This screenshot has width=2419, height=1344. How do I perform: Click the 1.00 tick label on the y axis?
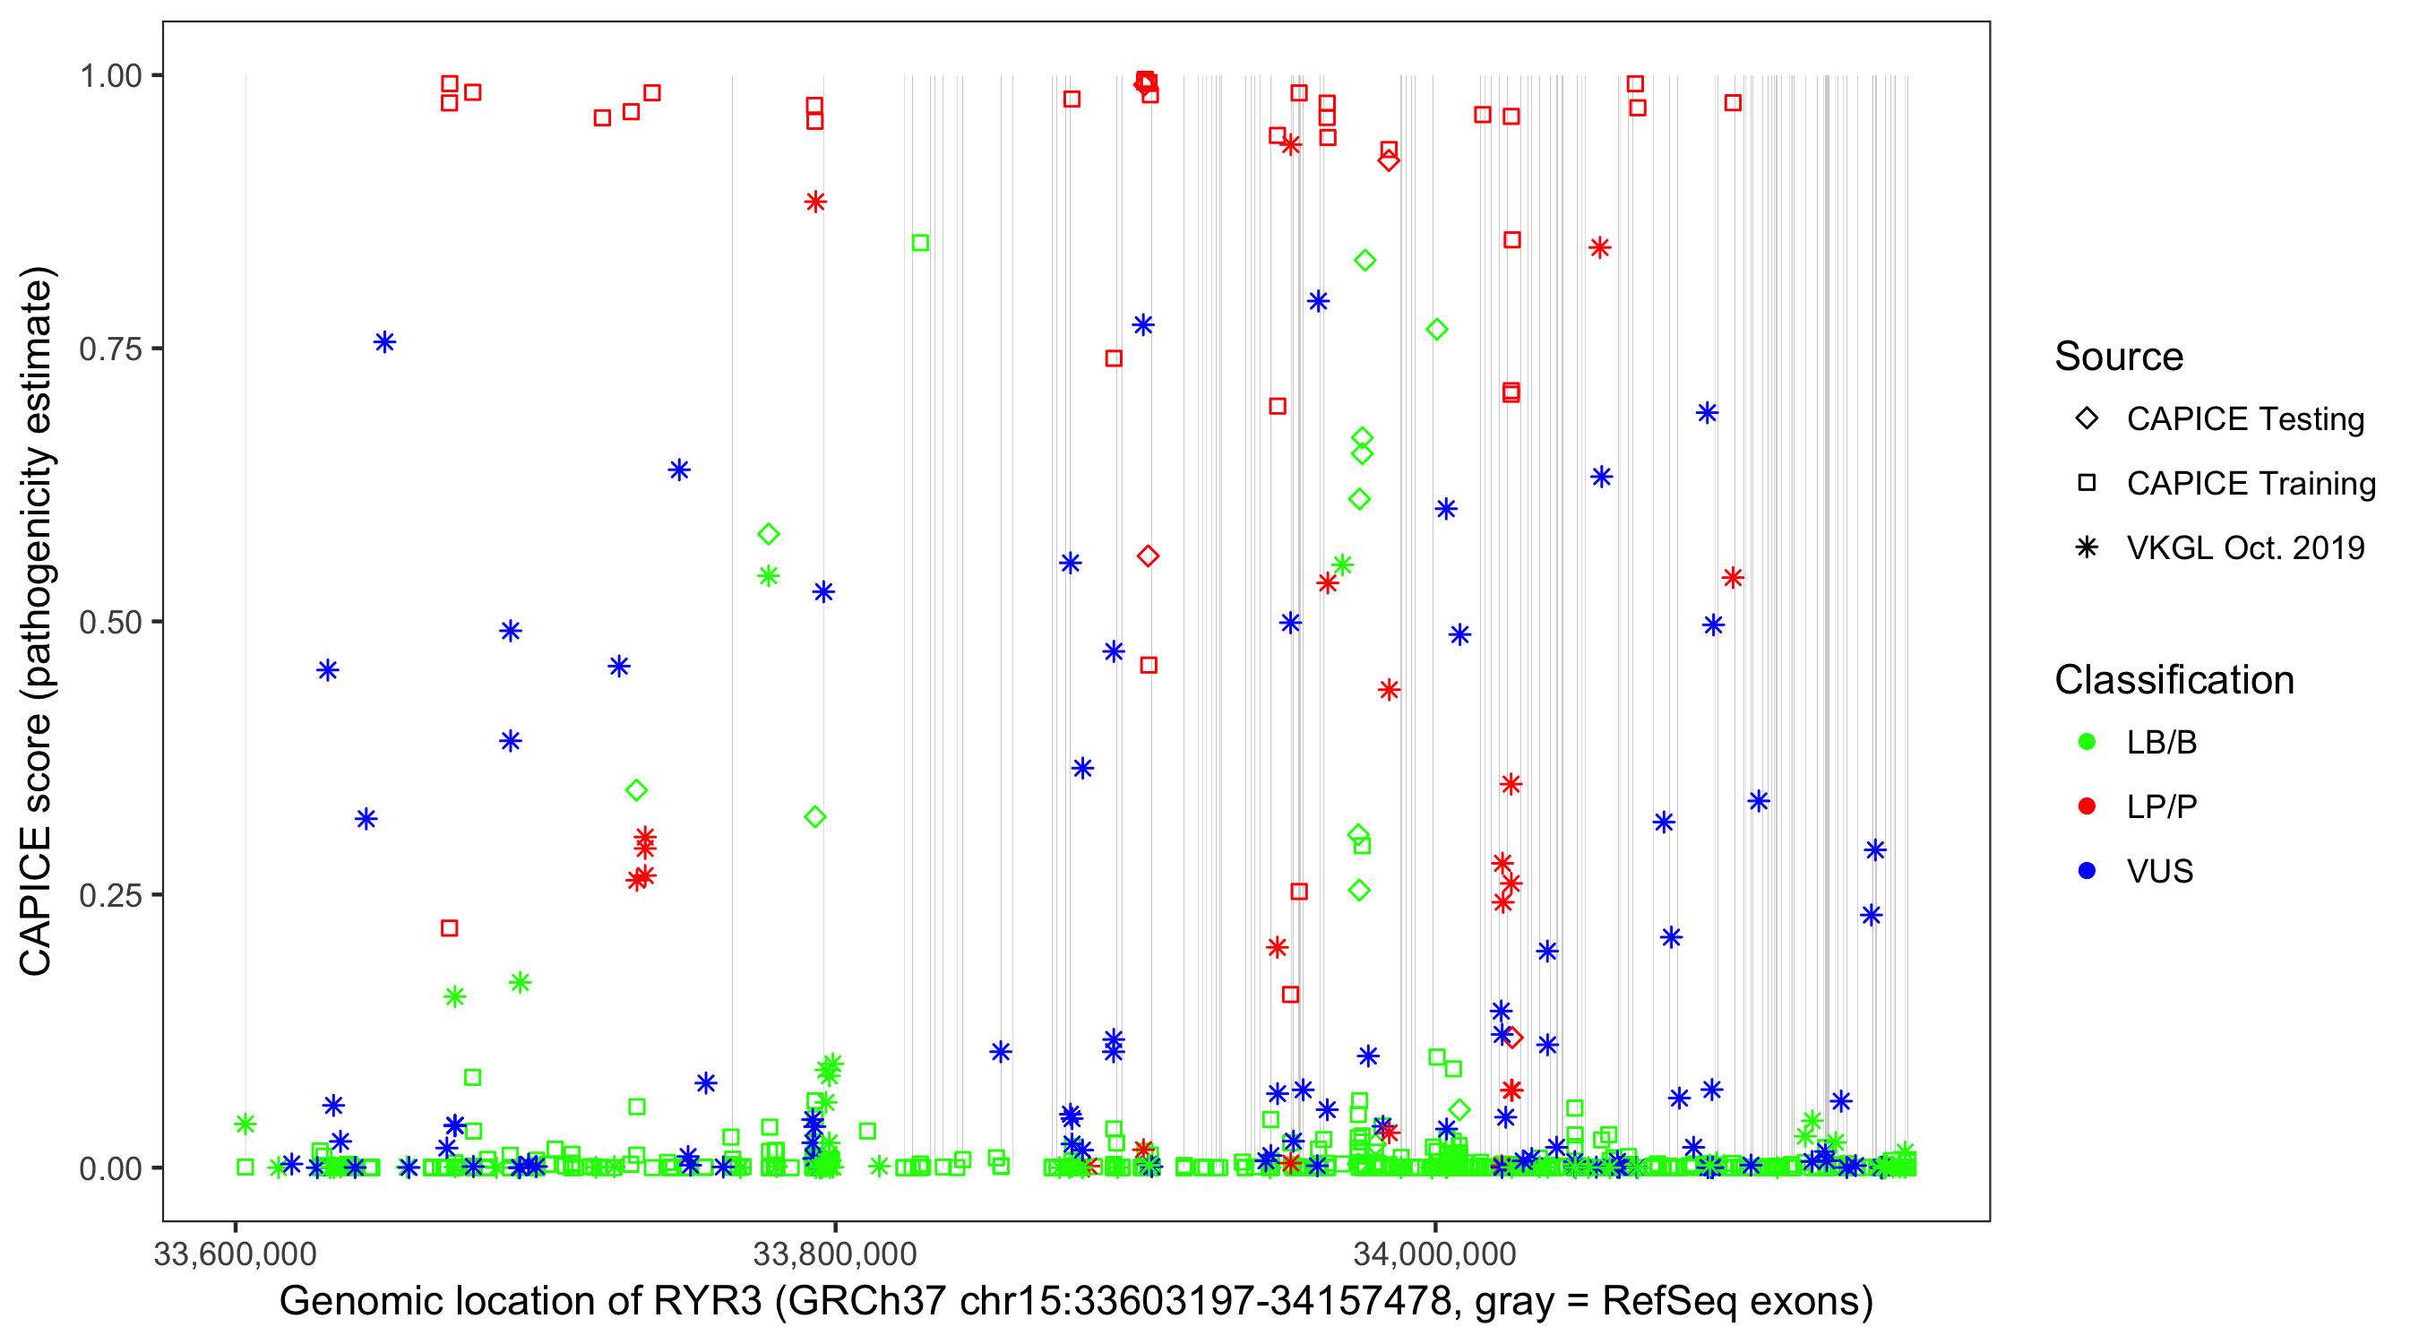pyautogui.click(x=110, y=76)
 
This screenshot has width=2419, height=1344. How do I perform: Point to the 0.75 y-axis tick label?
pyautogui.click(x=110, y=349)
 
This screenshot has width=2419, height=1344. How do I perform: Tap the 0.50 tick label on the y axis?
pyautogui.click(x=110, y=622)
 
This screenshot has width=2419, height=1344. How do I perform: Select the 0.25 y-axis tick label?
pyautogui.click(x=110, y=895)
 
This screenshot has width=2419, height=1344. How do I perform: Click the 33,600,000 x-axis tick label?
pyautogui.click(x=235, y=1254)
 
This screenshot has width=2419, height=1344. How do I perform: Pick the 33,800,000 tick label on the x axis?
pyautogui.click(x=835, y=1254)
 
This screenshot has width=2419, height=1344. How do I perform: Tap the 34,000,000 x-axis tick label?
pyautogui.click(x=1434, y=1254)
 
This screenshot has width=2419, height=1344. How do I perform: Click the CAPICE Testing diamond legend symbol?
pyautogui.click(x=2087, y=419)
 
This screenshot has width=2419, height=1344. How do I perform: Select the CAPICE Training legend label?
pyautogui.click(x=2250, y=484)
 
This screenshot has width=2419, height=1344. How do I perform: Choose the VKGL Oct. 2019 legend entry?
pyautogui.click(x=2244, y=548)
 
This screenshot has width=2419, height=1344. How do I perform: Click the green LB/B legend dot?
pyautogui.click(x=2087, y=743)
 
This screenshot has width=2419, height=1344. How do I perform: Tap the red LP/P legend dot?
pyautogui.click(x=2087, y=806)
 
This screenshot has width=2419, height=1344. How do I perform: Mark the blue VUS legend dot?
pyautogui.click(x=2087, y=872)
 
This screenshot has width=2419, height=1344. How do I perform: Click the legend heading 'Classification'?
pyautogui.click(x=2174, y=680)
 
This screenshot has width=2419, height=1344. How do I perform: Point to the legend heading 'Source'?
pyautogui.click(x=2119, y=357)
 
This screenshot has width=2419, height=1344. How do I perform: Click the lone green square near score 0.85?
pyautogui.click(x=920, y=243)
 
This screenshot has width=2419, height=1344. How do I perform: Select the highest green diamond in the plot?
pyautogui.click(x=1365, y=260)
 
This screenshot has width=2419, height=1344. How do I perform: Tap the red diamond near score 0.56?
pyautogui.click(x=1148, y=557)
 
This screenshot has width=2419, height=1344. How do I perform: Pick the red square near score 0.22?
pyautogui.click(x=450, y=928)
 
